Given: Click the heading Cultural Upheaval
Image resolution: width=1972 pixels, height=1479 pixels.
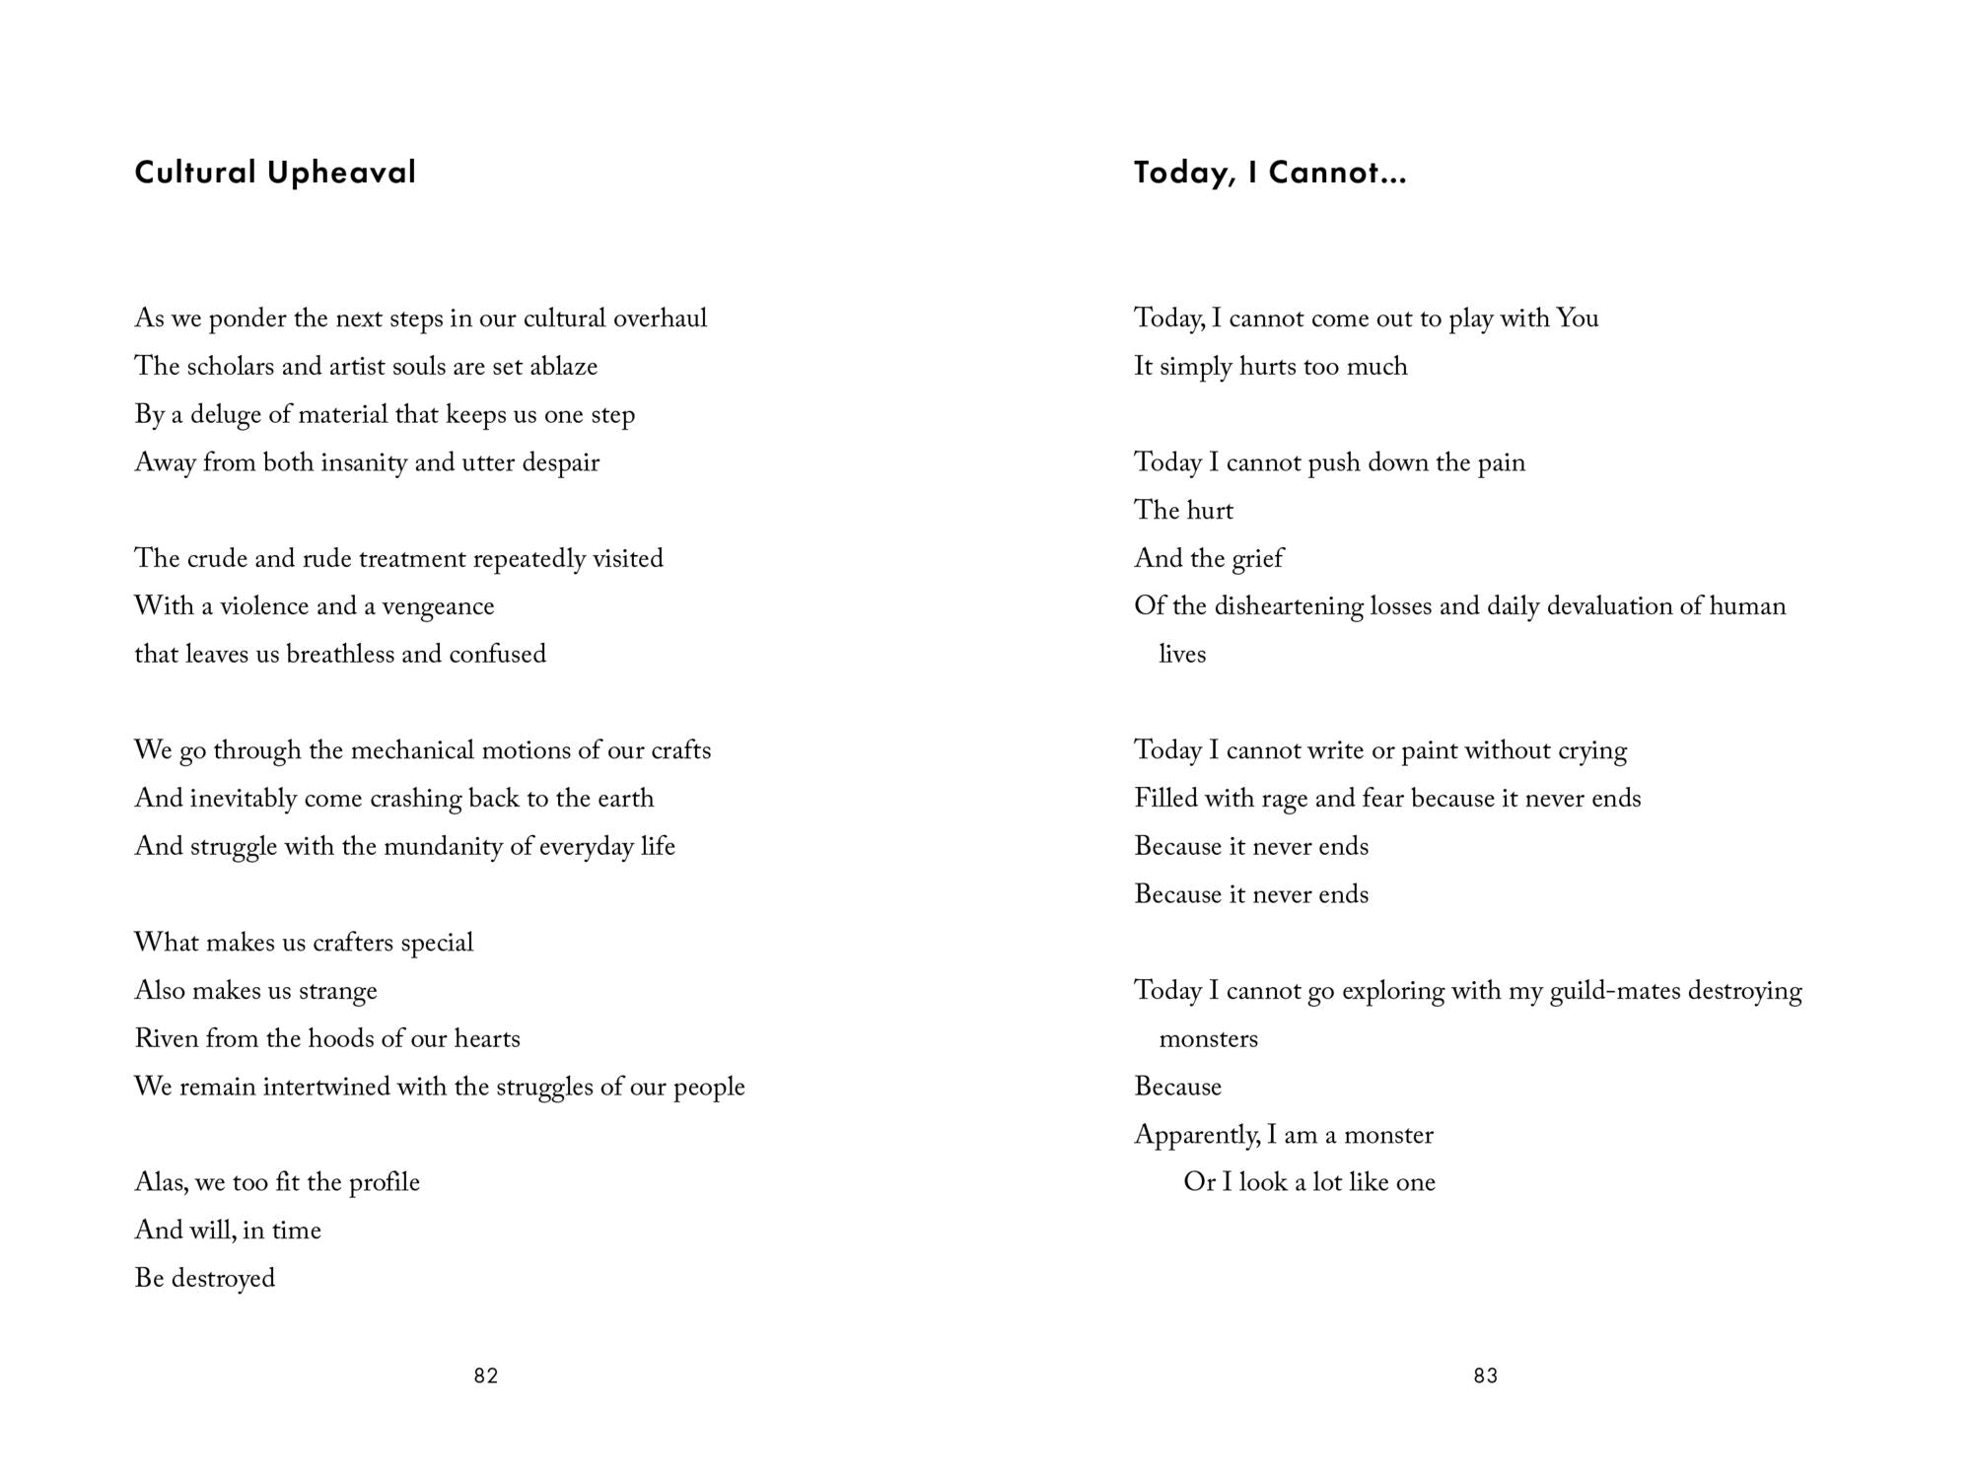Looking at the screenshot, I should pyautogui.click(x=275, y=173).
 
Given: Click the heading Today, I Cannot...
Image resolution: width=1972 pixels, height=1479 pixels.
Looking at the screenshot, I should pyautogui.click(x=1269, y=173).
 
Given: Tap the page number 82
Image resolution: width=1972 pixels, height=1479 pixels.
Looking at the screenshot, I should pyautogui.click(x=486, y=1375).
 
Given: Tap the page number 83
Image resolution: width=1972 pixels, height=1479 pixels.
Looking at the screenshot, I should pyautogui.click(x=1486, y=1375).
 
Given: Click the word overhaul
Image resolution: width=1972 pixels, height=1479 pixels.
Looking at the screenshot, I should pyautogui.click(x=660, y=318).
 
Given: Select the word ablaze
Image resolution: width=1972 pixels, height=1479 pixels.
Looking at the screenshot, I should pyautogui.click(x=563, y=367).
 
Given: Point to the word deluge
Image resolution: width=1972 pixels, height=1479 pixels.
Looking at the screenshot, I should pyautogui.click(x=225, y=415).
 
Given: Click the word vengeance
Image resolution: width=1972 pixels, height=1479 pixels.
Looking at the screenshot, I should pyautogui.click(x=438, y=606).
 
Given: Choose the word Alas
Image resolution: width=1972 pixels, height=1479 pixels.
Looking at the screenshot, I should pyautogui.click(x=160, y=1182).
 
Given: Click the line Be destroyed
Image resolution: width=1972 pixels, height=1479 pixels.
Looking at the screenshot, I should pyautogui.click(x=204, y=1279).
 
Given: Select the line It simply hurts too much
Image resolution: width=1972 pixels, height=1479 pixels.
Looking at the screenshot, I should pyautogui.click(x=1270, y=367).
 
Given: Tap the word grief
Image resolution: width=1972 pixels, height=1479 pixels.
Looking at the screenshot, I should pyautogui.click(x=1256, y=559).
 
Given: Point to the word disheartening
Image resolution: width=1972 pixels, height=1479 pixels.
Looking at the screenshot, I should pyautogui.click(x=1289, y=606).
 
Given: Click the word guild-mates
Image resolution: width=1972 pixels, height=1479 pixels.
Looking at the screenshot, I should pyautogui.click(x=1614, y=991).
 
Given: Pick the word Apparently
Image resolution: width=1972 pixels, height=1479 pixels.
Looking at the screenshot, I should pyautogui.click(x=1196, y=1135).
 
